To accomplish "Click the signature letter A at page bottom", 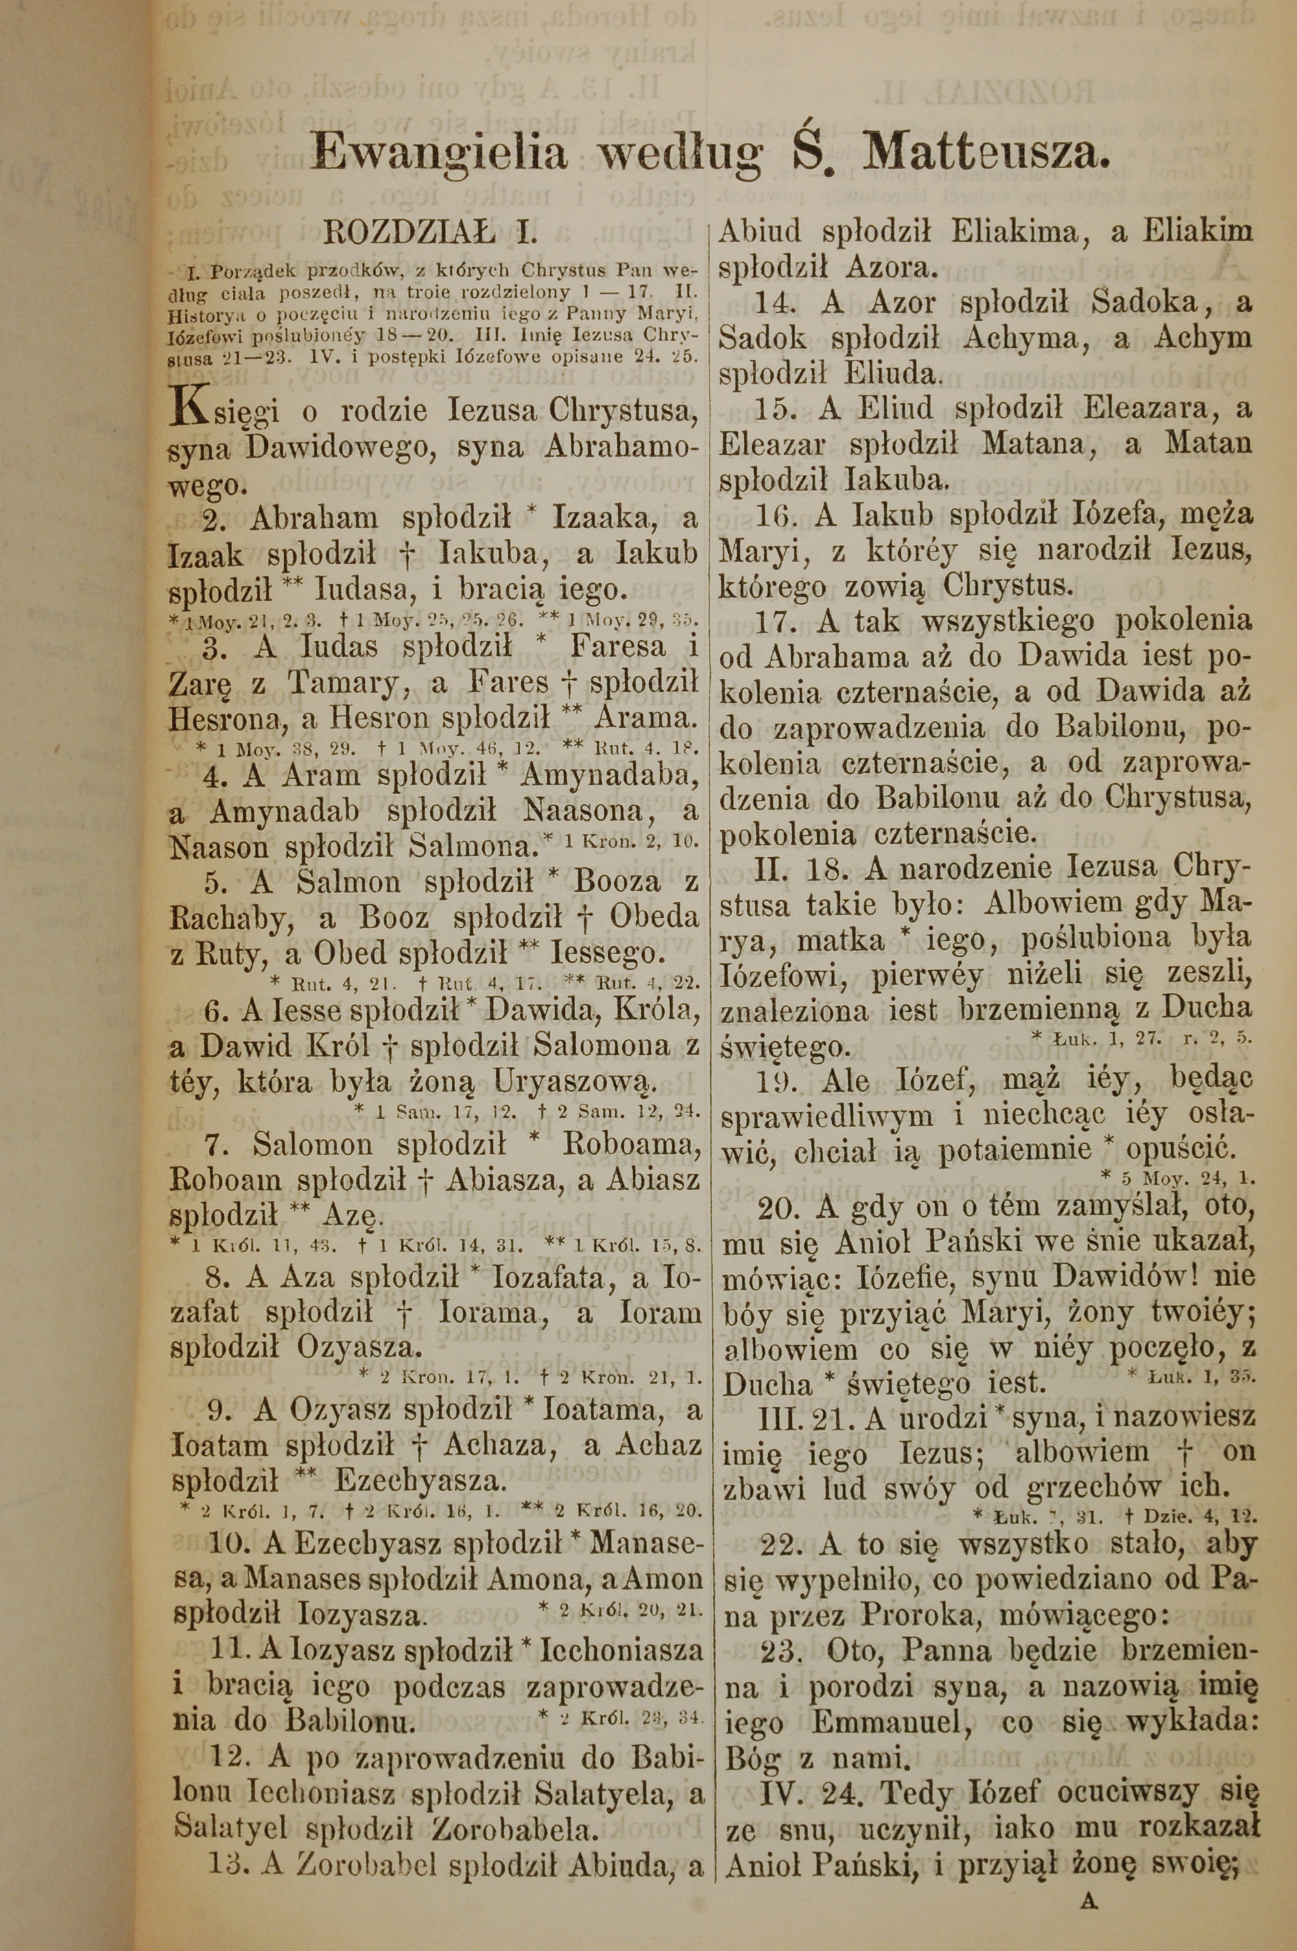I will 1089,1876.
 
